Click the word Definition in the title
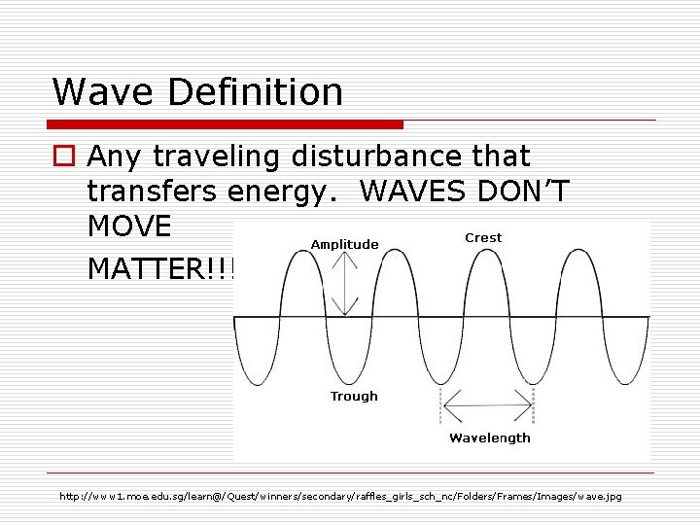(256, 92)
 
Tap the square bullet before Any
(65, 157)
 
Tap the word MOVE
(129, 227)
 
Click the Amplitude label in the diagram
(344, 244)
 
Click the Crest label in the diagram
(483, 237)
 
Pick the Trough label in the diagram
(354, 396)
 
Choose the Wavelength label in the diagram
(490, 437)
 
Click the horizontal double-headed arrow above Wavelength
(489, 397)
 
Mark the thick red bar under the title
(226, 124)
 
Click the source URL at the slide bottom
(340, 497)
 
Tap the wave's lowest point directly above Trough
(354, 382)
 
